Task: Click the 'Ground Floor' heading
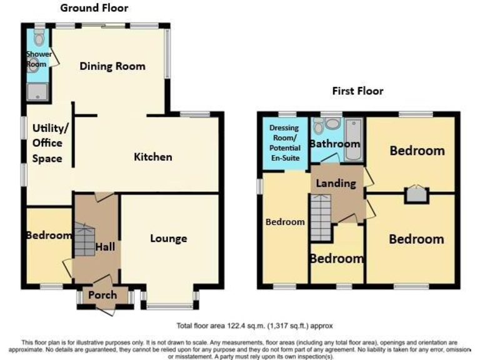pyautogui.click(x=94, y=8)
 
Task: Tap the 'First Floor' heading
pyautogui.click(x=357, y=91)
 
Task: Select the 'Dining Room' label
pyautogui.click(x=112, y=66)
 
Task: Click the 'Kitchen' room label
pyautogui.click(x=152, y=157)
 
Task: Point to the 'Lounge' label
pyautogui.click(x=168, y=238)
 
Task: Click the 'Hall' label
pyautogui.click(x=105, y=247)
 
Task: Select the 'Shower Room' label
pyautogui.click(x=38, y=59)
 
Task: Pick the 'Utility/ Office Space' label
pyautogui.click(x=47, y=143)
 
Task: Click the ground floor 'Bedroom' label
pyautogui.click(x=49, y=236)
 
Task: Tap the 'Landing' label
pyautogui.click(x=336, y=184)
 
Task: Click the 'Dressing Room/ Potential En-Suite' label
pyautogui.click(x=284, y=143)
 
